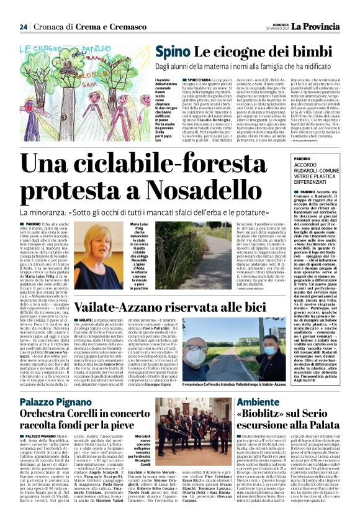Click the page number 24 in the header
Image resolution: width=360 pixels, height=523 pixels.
point(23,27)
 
